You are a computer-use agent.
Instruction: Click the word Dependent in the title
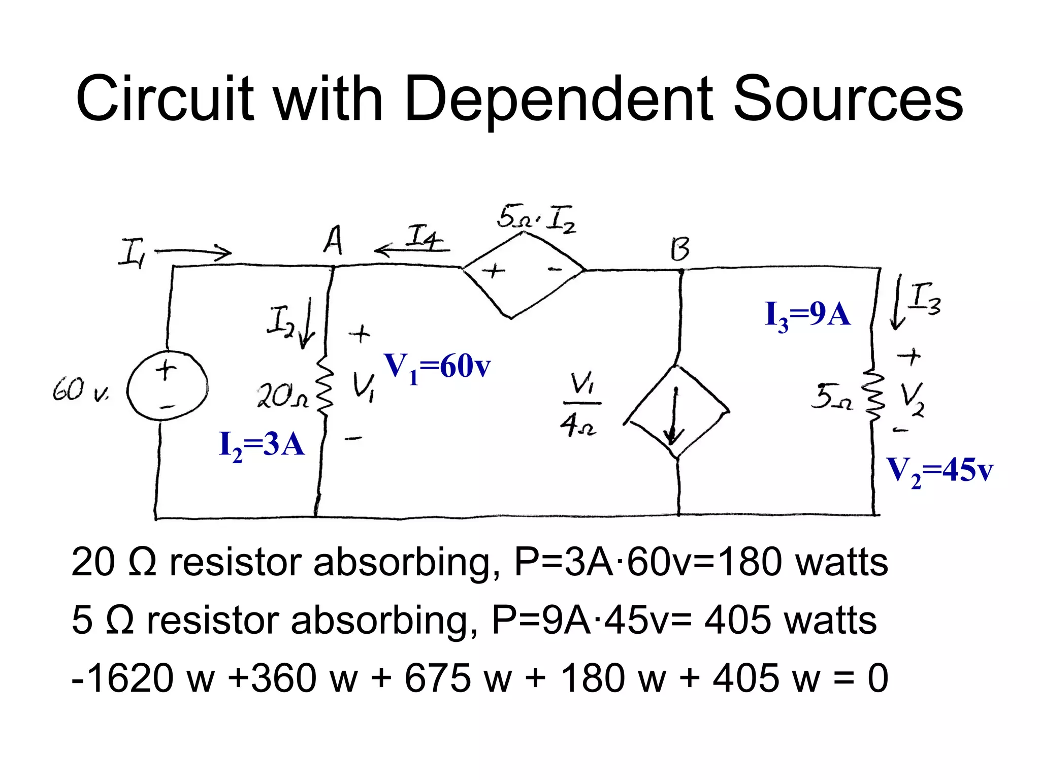click(561, 99)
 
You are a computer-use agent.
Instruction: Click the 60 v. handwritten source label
click(80, 391)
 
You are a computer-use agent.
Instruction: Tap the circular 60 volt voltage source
click(167, 386)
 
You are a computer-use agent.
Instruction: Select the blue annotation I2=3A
click(262, 445)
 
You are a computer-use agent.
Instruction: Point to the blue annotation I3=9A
click(807, 314)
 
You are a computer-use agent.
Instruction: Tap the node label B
click(680, 249)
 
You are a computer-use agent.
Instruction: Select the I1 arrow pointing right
click(193, 251)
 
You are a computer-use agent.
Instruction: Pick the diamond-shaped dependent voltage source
click(523, 275)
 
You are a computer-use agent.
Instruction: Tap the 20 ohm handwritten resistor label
click(282, 397)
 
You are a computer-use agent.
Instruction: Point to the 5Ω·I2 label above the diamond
click(536, 218)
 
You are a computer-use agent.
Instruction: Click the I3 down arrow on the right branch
click(898, 302)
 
